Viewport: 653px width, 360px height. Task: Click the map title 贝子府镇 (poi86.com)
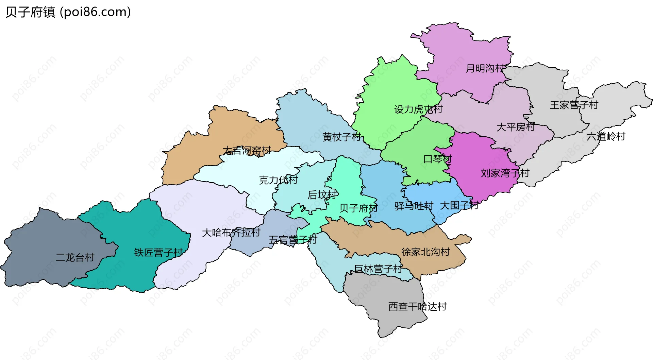[x=68, y=12]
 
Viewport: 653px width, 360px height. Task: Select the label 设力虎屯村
[x=418, y=109]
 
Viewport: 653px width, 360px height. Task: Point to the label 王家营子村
[x=574, y=105]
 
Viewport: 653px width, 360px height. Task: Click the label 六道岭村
[x=606, y=136]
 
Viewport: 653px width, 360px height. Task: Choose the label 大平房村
[x=516, y=127]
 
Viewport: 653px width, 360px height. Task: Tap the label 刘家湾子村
[x=505, y=173]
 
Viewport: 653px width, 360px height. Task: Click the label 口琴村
[x=437, y=159]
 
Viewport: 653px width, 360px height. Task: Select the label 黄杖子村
[x=342, y=137]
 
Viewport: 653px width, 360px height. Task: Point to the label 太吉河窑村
[x=247, y=151]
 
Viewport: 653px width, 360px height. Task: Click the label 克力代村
[x=279, y=180]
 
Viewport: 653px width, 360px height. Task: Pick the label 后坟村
[x=322, y=195]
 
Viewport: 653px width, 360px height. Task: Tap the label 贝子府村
[x=358, y=208]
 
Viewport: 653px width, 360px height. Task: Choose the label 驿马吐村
[x=414, y=206]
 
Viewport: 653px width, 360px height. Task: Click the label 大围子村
[x=459, y=205]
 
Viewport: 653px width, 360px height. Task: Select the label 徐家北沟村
[x=425, y=252]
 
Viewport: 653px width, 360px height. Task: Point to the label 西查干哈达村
[x=417, y=307]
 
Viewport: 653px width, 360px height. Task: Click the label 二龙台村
[x=75, y=257]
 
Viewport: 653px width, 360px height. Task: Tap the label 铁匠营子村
[x=158, y=253]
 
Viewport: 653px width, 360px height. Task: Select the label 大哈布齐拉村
[x=231, y=233]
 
